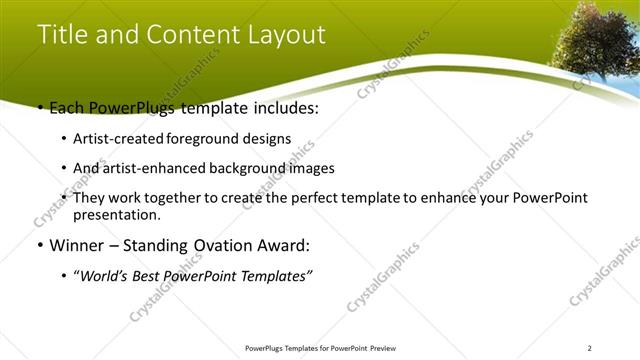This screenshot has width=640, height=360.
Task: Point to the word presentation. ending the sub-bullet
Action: [x=117, y=215]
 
